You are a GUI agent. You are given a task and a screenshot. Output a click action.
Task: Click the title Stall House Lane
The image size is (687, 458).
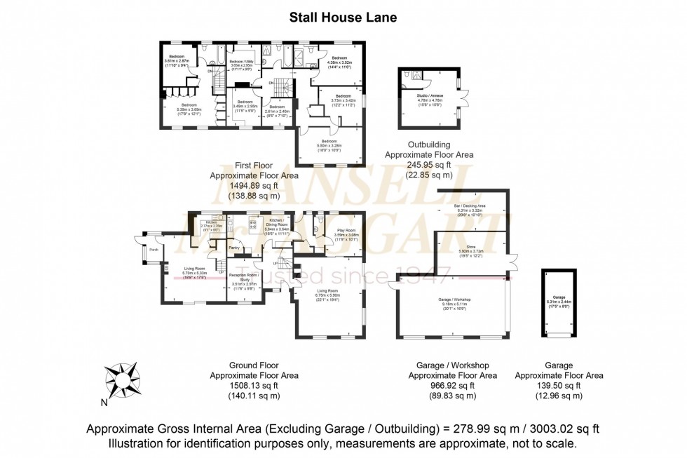click(x=343, y=18)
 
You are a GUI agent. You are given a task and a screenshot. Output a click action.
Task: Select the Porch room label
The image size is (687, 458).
click(x=151, y=249)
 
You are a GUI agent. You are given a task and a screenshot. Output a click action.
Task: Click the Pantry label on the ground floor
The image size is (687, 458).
click(x=234, y=248)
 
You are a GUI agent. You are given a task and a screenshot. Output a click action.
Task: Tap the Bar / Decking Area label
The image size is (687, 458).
click(x=471, y=207)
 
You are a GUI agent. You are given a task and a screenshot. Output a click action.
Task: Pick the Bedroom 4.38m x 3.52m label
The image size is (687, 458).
click(x=339, y=60)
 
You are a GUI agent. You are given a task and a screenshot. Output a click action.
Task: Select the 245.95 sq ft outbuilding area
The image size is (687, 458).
click(x=430, y=165)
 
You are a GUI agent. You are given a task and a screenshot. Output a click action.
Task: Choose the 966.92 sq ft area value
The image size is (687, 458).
click(x=452, y=386)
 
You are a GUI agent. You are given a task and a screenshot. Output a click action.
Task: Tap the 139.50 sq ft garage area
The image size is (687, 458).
click(x=558, y=386)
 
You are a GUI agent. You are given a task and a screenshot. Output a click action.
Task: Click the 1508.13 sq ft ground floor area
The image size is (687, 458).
click(x=254, y=386)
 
